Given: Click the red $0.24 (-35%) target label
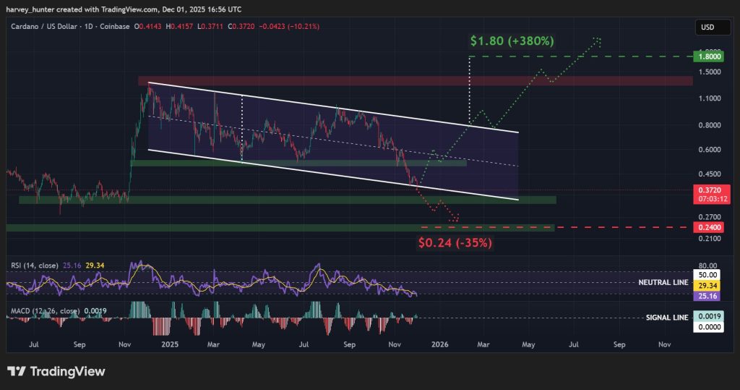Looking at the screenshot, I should [x=455, y=242].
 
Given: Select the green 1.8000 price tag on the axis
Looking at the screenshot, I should [x=706, y=56].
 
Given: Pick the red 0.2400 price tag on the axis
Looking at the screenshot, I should [x=706, y=227].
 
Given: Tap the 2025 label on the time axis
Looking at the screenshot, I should [x=170, y=345].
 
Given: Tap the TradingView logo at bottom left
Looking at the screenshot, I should [x=56, y=371].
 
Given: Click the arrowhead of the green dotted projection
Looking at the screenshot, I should [x=598, y=39].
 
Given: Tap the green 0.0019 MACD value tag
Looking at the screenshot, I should [x=706, y=317].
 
